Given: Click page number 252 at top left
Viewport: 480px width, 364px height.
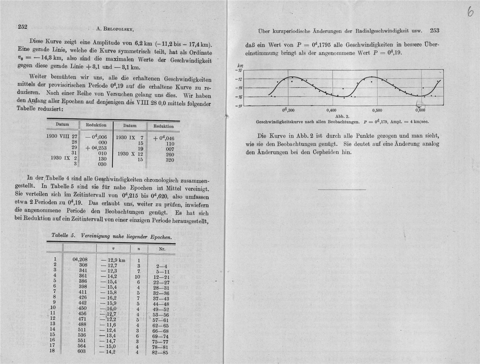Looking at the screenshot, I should (x=22, y=27).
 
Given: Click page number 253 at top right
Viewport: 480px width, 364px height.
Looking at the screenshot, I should (x=434, y=30).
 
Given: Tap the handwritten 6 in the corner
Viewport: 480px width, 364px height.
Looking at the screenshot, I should (x=470, y=13).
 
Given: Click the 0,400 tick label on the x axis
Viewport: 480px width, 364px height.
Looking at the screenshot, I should (x=331, y=110).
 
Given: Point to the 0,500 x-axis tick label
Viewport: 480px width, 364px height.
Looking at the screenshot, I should (x=377, y=110).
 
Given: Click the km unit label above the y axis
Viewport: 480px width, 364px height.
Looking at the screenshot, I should (x=239, y=66).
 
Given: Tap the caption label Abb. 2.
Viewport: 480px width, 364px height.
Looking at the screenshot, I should (x=342, y=116).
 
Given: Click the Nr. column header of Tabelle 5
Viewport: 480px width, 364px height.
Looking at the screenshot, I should (x=162, y=249).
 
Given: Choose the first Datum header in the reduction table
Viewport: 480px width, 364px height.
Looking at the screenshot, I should (x=62, y=124).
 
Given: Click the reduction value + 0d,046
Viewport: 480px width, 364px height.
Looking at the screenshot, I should (x=164, y=138).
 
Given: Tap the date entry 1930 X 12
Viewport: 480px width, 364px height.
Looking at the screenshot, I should (x=130, y=154).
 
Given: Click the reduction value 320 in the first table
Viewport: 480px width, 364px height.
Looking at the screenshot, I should (x=170, y=160).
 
